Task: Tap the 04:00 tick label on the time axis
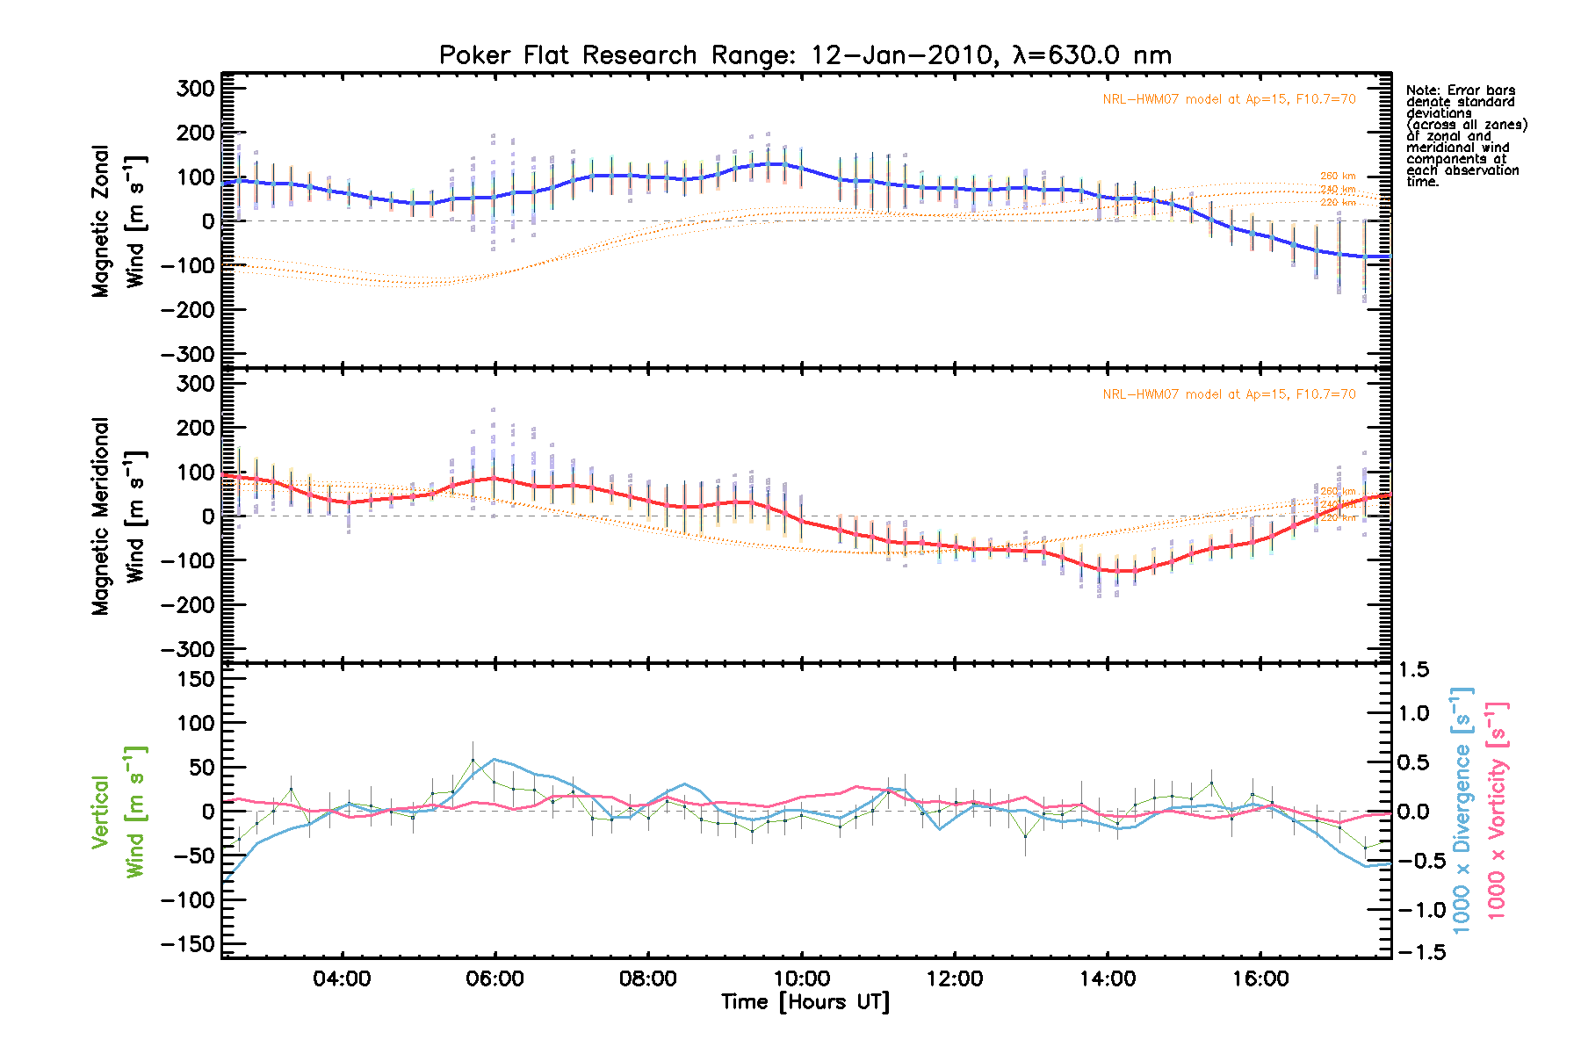point(342,978)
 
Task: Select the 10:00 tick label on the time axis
point(801,978)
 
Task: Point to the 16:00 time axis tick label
point(1260,978)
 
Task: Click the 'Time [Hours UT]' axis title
point(805,1002)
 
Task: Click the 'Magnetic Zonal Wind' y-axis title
point(119,221)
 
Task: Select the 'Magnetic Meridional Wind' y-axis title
point(119,516)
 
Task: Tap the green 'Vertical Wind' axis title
point(118,812)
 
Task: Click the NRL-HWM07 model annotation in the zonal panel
point(1229,99)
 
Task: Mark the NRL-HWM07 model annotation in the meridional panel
point(1229,394)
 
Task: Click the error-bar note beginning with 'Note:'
point(1466,135)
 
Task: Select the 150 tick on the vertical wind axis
point(196,679)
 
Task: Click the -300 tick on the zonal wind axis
point(188,354)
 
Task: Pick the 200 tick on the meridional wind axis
point(196,428)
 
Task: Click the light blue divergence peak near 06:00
point(495,759)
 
